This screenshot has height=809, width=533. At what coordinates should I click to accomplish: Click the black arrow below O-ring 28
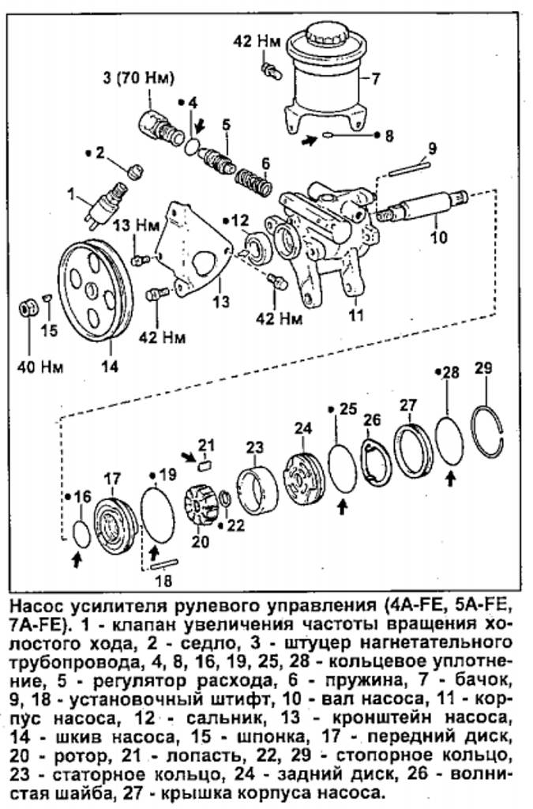(x=451, y=476)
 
